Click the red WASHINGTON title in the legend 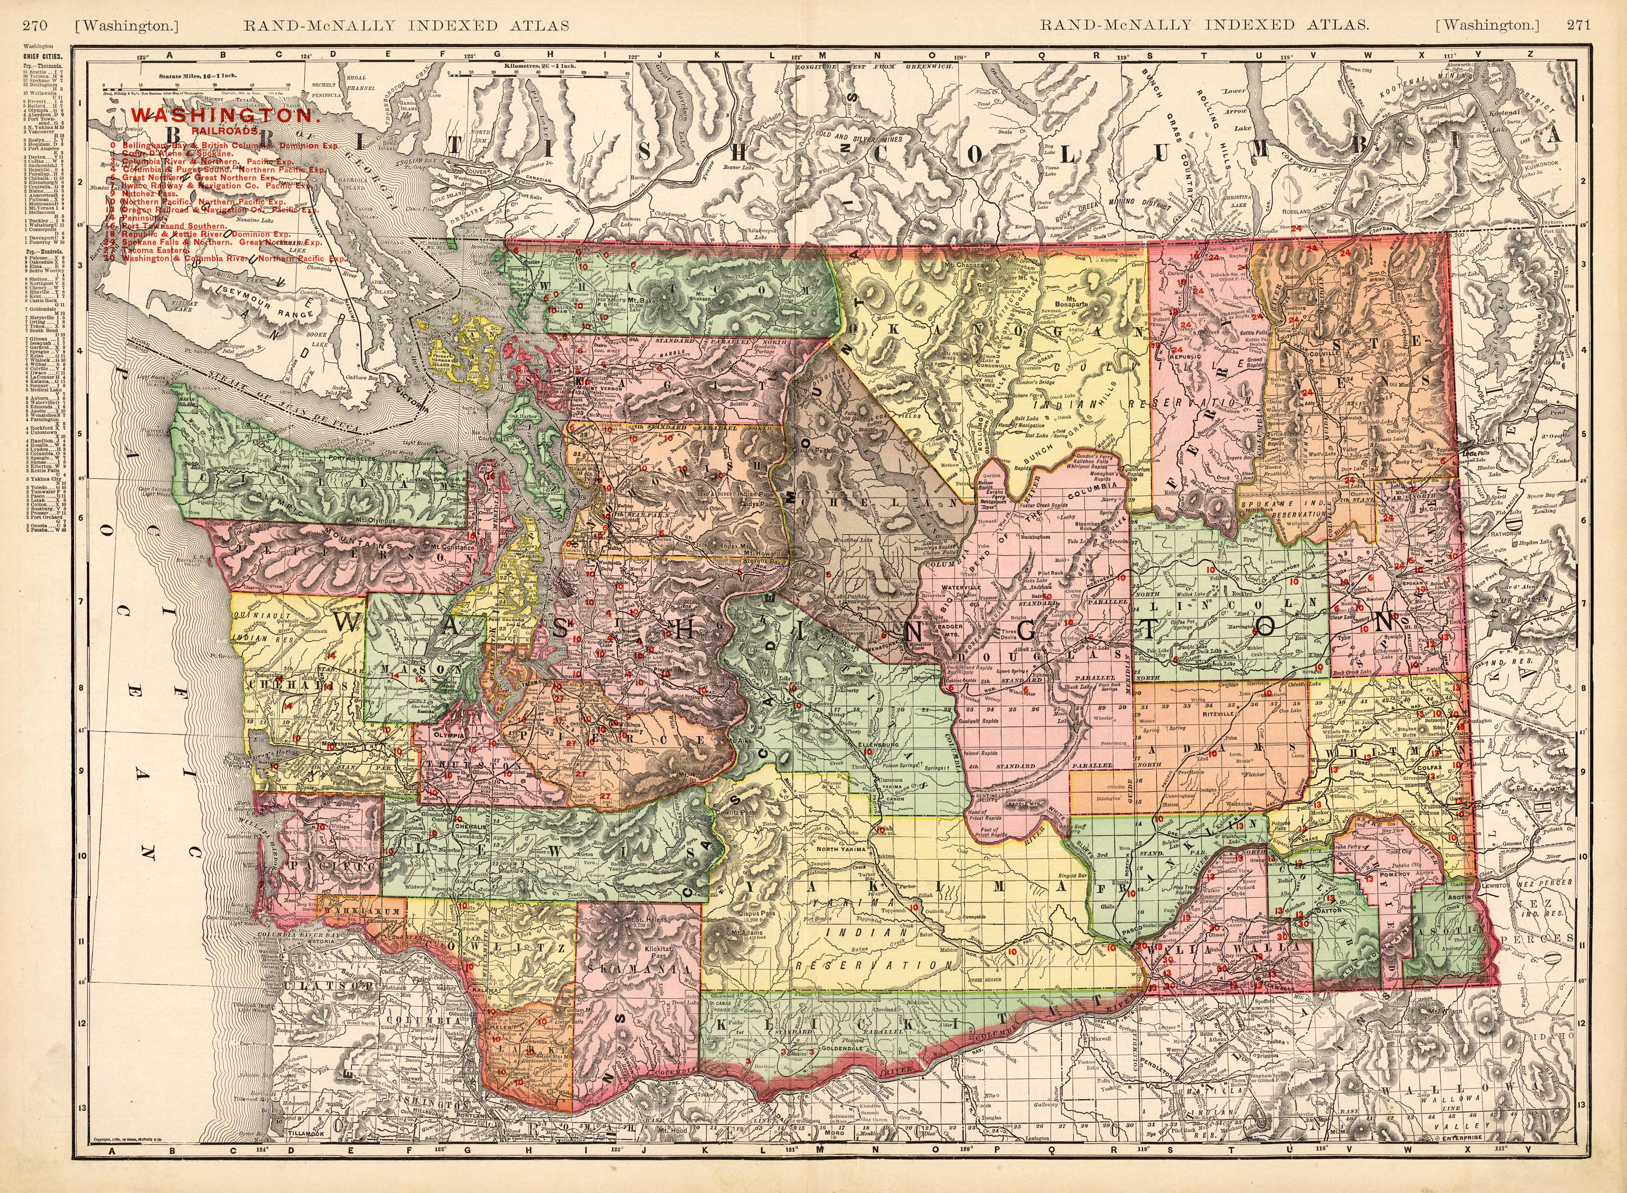pyautogui.click(x=225, y=116)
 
